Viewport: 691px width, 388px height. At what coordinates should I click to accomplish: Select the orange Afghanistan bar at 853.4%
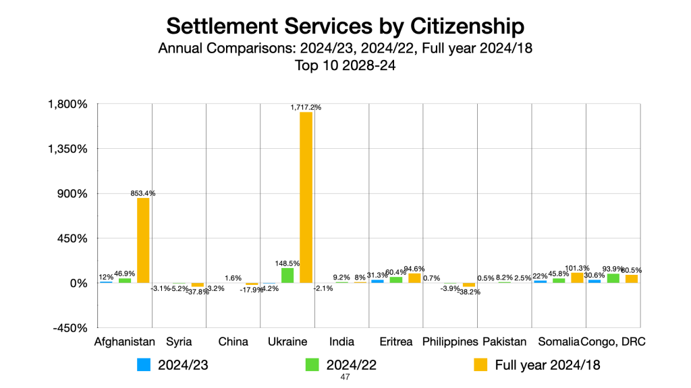(x=143, y=240)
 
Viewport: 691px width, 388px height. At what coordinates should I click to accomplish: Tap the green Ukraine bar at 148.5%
(x=287, y=276)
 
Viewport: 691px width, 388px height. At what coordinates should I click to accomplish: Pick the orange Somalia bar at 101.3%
(x=577, y=278)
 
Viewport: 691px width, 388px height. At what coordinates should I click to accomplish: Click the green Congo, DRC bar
(x=613, y=278)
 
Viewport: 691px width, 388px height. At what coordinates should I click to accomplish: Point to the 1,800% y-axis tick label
(x=67, y=104)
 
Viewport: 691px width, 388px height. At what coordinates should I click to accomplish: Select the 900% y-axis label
(x=72, y=194)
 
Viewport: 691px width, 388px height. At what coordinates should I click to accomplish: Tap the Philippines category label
(x=450, y=342)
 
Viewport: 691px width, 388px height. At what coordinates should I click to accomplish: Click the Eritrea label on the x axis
(x=396, y=342)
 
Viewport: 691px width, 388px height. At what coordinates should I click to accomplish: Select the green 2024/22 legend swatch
(x=312, y=364)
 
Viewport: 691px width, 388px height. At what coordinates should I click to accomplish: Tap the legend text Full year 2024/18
(x=547, y=365)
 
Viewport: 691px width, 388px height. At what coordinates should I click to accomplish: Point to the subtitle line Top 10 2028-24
(x=345, y=65)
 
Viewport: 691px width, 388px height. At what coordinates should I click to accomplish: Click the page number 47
(x=345, y=378)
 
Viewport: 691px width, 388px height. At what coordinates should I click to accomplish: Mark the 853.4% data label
(x=143, y=193)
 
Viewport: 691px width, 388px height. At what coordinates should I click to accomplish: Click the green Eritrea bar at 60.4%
(x=396, y=280)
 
